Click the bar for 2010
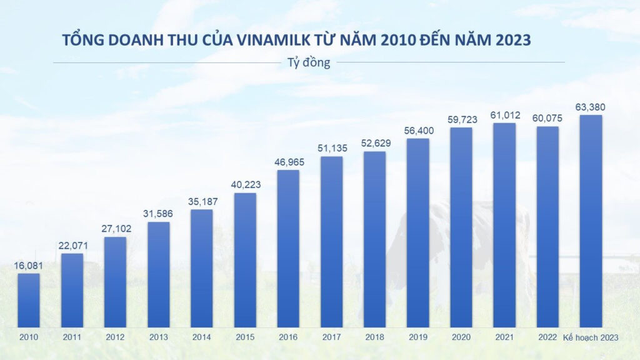pyautogui.click(x=29, y=300)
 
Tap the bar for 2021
pyautogui.click(x=504, y=225)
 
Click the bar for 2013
pyautogui.click(x=159, y=274)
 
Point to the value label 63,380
pyautogui.click(x=591, y=107)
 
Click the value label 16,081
pyautogui.click(x=29, y=266)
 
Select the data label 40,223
pyautogui.click(x=245, y=185)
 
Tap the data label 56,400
pyautogui.click(x=417, y=131)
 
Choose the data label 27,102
pyautogui.click(x=115, y=229)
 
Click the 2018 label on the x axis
pyautogui.click(x=374, y=337)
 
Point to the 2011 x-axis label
pyautogui.click(x=72, y=337)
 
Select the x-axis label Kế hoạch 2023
pyautogui.click(x=591, y=337)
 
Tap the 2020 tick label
pyautogui.click(x=461, y=337)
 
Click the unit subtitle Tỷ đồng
pyautogui.click(x=309, y=62)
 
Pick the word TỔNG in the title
pyautogui.click(x=79, y=40)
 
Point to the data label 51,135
pyautogui.click(x=331, y=148)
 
